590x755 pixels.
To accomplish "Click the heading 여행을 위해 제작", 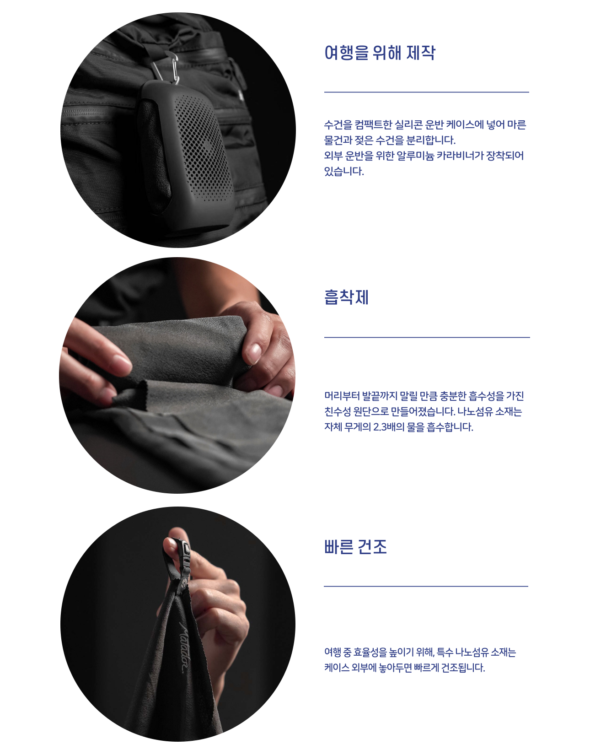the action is coord(380,53).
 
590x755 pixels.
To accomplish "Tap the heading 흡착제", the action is coord(346,297).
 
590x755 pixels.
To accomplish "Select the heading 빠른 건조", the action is coord(355,546).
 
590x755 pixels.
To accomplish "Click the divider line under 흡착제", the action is coord(427,337).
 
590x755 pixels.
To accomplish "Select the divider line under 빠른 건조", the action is coord(426,586).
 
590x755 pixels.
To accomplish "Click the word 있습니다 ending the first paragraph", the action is coord(344,171).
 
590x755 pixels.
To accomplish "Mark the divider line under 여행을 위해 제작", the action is coord(426,92).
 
